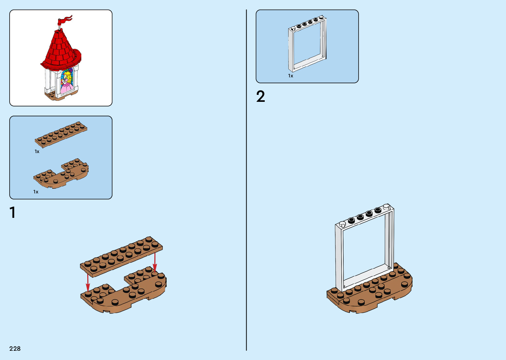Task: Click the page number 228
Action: click(15, 348)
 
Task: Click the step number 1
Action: click(13, 213)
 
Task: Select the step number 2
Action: click(260, 97)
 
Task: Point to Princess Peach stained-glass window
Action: click(67, 81)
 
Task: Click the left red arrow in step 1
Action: click(88, 283)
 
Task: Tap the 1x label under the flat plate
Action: click(37, 151)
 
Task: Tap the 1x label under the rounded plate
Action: click(36, 192)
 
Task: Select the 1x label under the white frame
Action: click(291, 76)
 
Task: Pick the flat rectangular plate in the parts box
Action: click(61, 134)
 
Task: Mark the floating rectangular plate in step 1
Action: click(121, 256)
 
